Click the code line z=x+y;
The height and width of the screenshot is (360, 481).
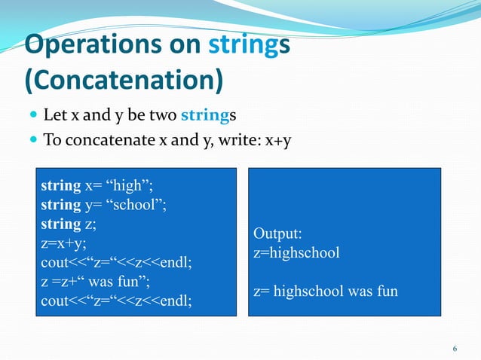click(x=64, y=243)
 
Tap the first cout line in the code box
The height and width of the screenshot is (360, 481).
click(x=117, y=263)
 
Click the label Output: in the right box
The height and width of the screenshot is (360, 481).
click(x=277, y=233)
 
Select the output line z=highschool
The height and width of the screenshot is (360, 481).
click(x=296, y=252)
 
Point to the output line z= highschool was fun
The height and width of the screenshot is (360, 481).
click(x=325, y=291)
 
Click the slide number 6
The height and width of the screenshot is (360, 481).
click(x=455, y=348)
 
